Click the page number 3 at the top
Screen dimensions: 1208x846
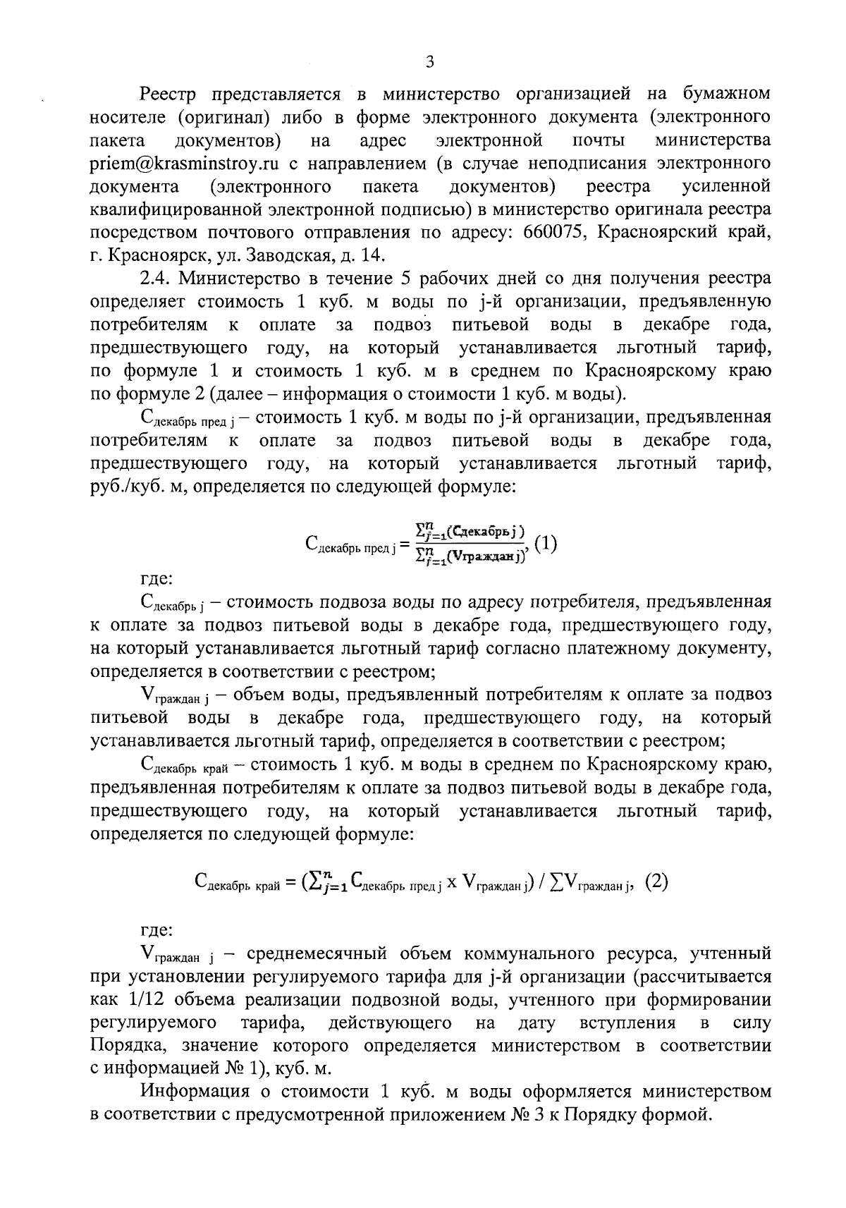tap(429, 62)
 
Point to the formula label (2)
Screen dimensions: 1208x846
tap(656, 881)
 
